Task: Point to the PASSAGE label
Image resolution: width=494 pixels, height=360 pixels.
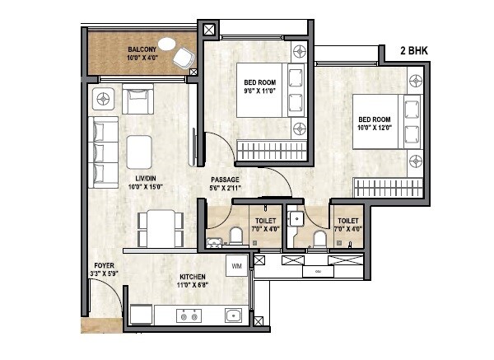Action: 225,179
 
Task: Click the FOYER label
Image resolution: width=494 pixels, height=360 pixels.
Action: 103,265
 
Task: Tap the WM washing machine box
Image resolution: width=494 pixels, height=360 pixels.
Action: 236,266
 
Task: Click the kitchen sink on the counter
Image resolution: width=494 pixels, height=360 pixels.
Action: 234,315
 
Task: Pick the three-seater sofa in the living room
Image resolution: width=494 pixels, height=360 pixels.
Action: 102,152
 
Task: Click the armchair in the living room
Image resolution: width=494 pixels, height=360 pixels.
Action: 136,101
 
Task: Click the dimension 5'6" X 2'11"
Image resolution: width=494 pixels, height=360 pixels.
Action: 225,188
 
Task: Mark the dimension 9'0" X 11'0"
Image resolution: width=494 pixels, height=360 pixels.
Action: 259,91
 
